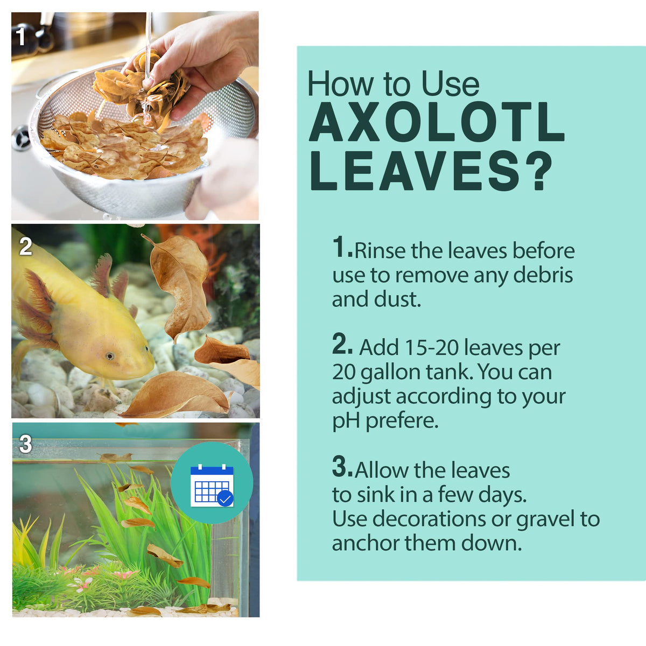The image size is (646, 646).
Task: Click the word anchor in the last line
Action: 366,543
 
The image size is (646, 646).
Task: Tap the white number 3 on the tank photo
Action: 25,444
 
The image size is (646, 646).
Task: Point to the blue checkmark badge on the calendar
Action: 225,499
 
